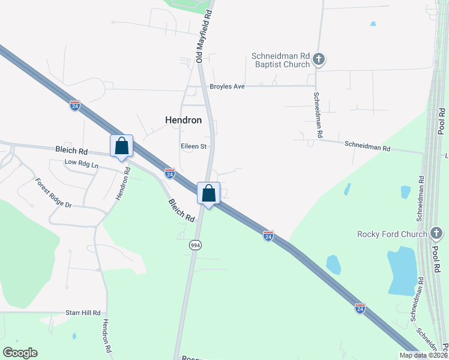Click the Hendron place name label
pyautogui.click(x=183, y=120)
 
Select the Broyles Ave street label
pyautogui.click(x=227, y=86)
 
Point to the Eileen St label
pyautogui.click(x=193, y=146)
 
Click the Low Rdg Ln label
pyautogui.click(x=81, y=163)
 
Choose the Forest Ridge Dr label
pyautogui.click(x=53, y=193)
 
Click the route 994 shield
pyautogui.click(x=196, y=245)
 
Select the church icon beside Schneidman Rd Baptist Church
pyautogui.click(x=319, y=59)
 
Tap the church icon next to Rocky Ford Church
pyautogui.click(x=436, y=233)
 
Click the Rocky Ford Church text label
pyautogui.click(x=392, y=234)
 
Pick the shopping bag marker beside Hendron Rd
pyautogui.click(x=121, y=146)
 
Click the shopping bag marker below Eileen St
pyautogui.click(x=208, y=193)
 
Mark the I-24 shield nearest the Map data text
pyautogui.click(x=360, y=308)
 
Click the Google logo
pyautogui.click(x=20, y=353)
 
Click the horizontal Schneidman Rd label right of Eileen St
pyautogui.click(x=367, y=146)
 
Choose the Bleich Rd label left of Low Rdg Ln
pyautogui.click(x=71, y=151)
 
